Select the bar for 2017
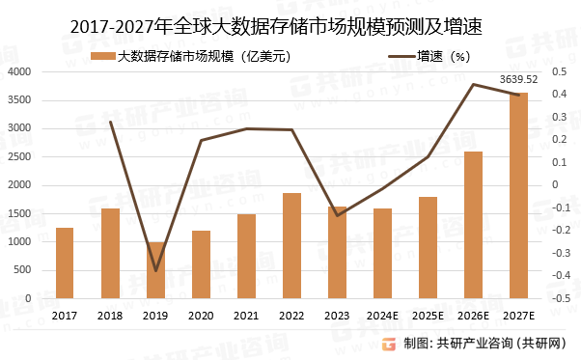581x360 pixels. point(65,263)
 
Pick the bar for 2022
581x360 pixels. point(291,245)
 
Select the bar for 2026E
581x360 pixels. point(473,225)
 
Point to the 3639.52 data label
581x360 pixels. point(519,79)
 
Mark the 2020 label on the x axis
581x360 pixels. point(201,315)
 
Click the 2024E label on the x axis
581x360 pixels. point(382,315)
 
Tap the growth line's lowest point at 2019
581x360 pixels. point(155,270)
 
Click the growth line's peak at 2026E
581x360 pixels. point(473,84)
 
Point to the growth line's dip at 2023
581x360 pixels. point(337,215)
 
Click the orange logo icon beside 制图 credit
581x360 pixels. point(388,343)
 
